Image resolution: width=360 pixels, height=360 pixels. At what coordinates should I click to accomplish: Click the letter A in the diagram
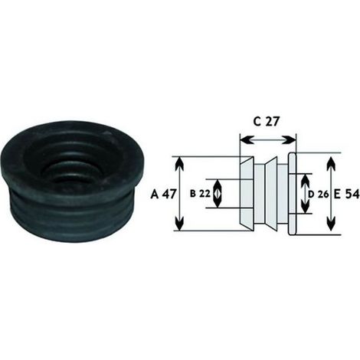(155, 195)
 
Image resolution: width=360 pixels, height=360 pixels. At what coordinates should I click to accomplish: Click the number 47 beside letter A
(169, 195)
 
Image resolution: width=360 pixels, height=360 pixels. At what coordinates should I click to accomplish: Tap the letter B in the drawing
(193, 194)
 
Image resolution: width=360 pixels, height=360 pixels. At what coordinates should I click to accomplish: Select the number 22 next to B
(205, 194)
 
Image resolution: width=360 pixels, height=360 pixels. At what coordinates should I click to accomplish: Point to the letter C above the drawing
(257, 122)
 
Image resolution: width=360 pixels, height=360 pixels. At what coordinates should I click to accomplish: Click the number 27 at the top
(272, 122)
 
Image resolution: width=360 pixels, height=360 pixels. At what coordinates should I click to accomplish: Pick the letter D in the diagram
(311, 195)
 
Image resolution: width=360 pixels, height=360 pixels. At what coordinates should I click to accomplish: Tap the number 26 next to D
(323, 195)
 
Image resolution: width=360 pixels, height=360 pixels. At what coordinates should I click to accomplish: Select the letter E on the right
(337, 195)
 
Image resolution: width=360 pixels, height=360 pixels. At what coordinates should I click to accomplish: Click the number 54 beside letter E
(352, 195)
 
